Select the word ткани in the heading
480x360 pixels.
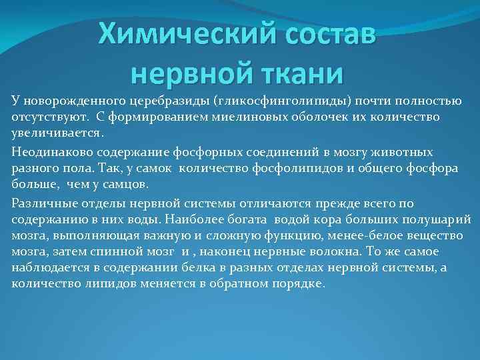[293, 72]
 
